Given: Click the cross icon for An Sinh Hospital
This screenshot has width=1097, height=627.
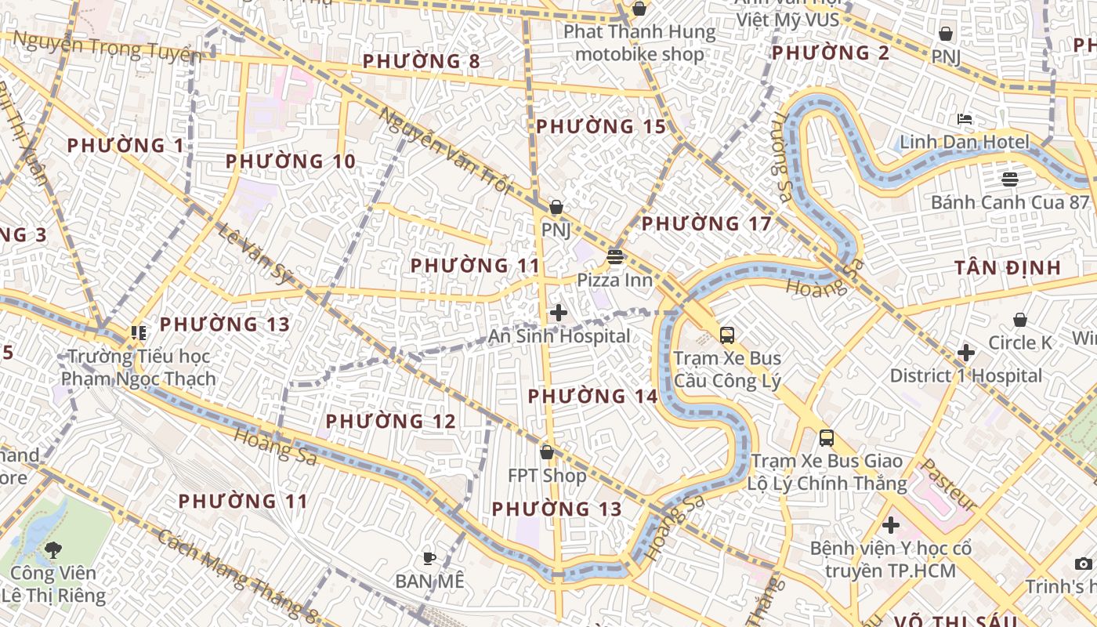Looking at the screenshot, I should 559,313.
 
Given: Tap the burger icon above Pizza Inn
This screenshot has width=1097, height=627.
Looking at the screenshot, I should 615,256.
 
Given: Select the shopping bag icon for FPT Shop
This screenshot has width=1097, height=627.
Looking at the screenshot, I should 547,452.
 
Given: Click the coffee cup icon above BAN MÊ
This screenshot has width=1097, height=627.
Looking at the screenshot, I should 429,558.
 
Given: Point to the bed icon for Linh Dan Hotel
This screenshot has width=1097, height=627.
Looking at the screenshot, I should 965,119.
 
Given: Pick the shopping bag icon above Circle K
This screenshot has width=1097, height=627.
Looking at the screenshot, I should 1019,320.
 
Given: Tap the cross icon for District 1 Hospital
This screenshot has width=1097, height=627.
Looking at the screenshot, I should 966,353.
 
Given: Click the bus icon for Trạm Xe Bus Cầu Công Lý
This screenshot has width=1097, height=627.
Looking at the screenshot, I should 727,335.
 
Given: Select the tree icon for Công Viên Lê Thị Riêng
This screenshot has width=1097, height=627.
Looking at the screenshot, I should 53,549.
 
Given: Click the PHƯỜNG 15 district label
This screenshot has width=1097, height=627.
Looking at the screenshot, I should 601,127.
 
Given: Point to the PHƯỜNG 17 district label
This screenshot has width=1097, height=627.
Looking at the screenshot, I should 707,224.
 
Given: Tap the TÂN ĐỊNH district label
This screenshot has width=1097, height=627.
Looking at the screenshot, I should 1008,268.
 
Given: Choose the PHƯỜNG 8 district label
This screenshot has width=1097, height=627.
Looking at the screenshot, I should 422,61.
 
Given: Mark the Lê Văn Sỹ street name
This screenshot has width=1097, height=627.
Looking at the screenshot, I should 255,254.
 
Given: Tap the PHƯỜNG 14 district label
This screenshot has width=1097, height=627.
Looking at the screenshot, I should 592,397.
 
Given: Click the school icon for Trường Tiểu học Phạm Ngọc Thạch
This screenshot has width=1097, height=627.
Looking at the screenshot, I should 139,333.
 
